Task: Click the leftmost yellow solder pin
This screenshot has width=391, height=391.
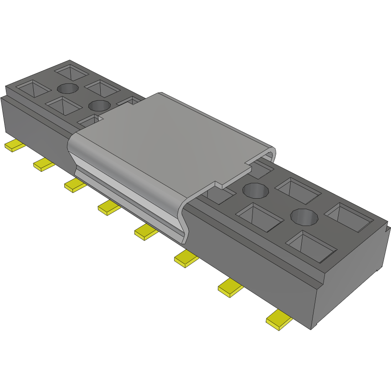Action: [15, 146]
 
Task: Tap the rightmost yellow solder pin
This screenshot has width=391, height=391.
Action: [279, 319]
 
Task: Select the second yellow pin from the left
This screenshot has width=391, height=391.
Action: [44, 165]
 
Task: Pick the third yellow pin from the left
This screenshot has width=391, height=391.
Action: [75, 185]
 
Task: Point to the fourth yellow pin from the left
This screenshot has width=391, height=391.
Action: [109, 208]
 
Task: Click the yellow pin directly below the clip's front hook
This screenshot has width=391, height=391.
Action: [146, 232]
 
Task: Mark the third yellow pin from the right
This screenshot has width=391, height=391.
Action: [186, 258]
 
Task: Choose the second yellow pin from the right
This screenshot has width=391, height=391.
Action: [231, 287]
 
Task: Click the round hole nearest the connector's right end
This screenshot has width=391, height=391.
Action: [303, 216]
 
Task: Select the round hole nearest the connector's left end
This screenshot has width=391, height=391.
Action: [67, 88]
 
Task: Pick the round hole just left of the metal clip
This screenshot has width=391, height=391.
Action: [99, 106]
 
